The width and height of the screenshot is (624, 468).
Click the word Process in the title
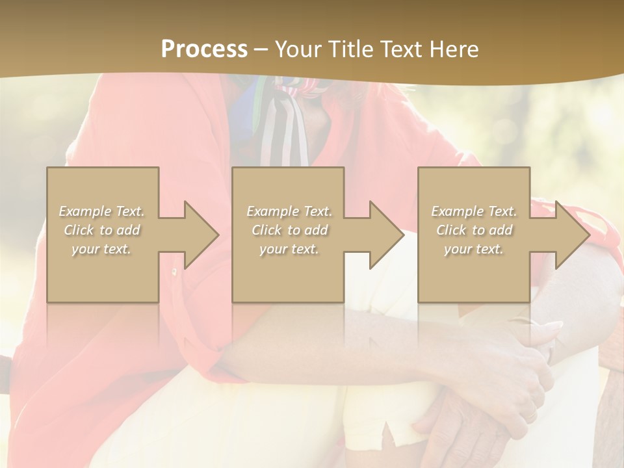[204, 49]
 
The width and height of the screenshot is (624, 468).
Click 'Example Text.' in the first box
[102, 211]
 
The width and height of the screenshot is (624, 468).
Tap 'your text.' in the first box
[102, 249]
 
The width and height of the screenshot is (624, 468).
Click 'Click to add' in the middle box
[289, 230]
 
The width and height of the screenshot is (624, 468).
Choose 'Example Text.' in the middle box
[289, 211]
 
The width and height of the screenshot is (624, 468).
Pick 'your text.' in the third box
[474, 249]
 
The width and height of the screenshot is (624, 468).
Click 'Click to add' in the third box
[474, 230]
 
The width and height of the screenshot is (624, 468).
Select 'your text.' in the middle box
[289, 249]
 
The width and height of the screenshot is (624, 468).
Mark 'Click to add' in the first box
[102, 230]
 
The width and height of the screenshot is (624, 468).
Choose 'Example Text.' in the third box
[474, 211]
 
